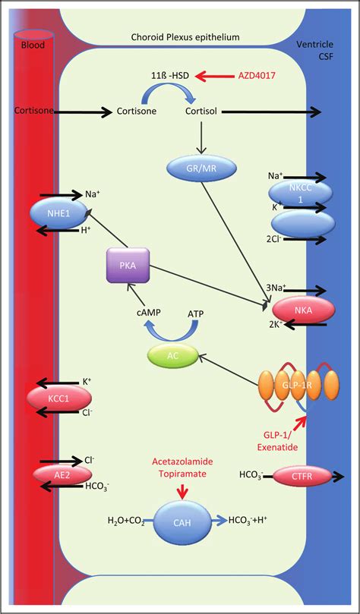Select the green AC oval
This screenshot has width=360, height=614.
tap(172, 354)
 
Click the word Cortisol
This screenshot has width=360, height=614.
tap(202, 111)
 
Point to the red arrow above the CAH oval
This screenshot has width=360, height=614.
tap(181, 492)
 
